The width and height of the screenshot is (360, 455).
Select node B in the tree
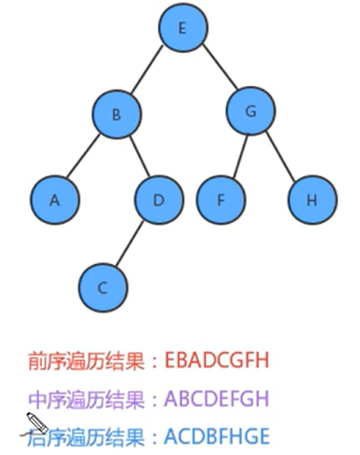[x=116, y=115]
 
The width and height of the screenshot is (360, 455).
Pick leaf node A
[x=54, y=199]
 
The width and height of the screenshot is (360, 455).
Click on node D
[x=158, y=199]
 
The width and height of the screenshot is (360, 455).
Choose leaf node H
[x=312, y=199]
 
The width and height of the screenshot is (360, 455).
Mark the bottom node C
[x=103, y=287]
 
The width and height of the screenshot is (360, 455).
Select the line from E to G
[x=217, y=71]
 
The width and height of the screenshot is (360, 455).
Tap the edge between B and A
[x=85, y=157]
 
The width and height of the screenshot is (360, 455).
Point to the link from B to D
[x=137, y=157]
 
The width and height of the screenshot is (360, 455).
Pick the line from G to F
[x=235, y=156]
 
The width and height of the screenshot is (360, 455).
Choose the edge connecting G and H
[x=281, y=156]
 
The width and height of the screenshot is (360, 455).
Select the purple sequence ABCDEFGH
[x=218, y=399]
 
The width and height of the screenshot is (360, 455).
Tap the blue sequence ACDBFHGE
[x=217, y=437]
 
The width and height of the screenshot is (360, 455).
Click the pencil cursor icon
[x=35, y=423]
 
